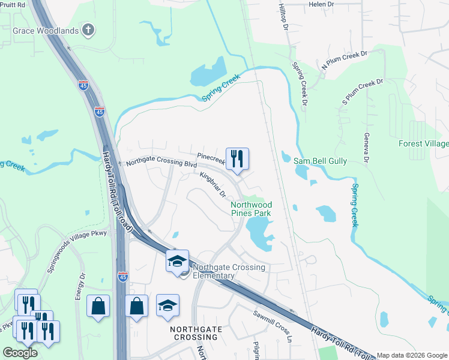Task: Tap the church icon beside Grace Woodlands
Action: (88, 29)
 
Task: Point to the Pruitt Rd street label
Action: (13, 4)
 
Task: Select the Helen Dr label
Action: (321, 4)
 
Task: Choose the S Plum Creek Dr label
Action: (362, 91)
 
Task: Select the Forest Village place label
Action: (423, 143)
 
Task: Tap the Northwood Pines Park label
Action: (251, 209)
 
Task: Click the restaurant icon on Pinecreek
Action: (237, 159)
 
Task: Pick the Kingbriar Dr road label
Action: (212, 185)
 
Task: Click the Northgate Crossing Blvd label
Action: (161, 163)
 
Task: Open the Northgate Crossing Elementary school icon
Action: (177, 261)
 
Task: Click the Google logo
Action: (20, 352)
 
